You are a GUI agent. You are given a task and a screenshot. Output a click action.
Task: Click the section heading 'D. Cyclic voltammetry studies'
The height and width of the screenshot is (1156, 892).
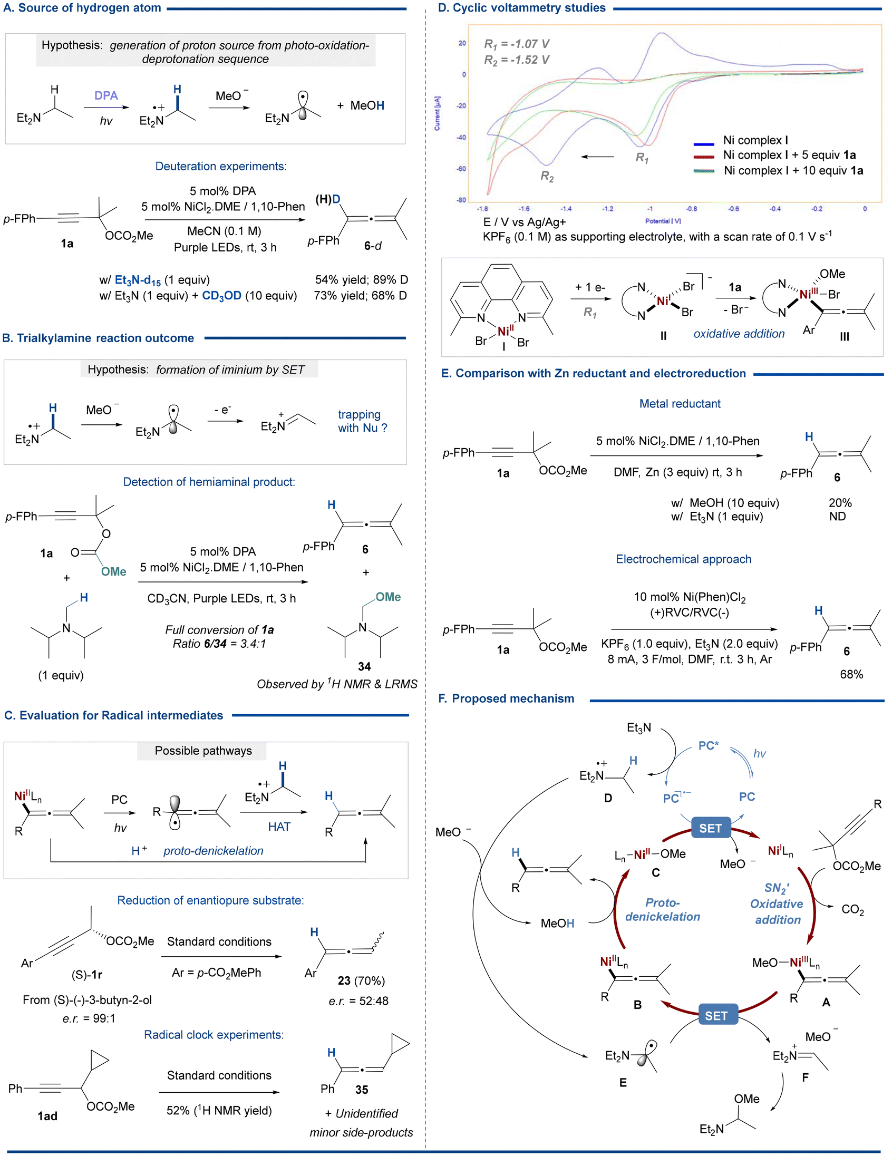coord(522,8)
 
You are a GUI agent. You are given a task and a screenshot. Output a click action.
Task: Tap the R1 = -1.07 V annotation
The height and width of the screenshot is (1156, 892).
coord(517,43)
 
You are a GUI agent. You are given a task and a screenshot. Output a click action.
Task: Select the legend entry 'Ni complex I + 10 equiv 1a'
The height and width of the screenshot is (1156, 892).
coord(793,170)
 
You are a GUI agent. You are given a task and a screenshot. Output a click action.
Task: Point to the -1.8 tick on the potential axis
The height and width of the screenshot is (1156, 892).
coord(482,209)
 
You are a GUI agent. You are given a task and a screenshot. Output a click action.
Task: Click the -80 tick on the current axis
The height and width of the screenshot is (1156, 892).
coord(462,200)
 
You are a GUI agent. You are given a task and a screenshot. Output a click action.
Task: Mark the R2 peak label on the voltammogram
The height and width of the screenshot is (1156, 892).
coord(547,176)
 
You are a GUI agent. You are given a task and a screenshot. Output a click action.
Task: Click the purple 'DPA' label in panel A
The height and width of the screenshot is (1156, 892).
coord(106,95)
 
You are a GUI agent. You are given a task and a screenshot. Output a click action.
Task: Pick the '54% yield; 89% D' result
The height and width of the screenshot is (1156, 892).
coord(361,279)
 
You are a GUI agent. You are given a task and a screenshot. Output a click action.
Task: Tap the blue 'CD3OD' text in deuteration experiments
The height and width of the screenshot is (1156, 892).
coord(222,295)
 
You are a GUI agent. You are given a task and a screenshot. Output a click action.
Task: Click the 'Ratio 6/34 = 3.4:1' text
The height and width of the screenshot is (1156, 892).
coord(219,644)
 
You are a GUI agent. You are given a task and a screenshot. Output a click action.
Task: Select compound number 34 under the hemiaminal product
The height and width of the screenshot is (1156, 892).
coord(364,666)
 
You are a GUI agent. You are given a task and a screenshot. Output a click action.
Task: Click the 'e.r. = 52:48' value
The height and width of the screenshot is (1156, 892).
coord(358,1001)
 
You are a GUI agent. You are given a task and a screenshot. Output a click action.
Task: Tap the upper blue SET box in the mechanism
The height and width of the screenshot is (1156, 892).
coord(710,828)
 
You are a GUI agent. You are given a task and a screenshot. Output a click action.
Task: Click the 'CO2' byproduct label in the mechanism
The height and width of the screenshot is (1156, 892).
coord(852,909)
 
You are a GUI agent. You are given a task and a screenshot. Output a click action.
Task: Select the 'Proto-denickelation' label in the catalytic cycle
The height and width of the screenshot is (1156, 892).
coord(662,909)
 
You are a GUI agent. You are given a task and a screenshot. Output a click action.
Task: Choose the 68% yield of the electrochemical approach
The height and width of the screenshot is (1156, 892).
coord(851,674)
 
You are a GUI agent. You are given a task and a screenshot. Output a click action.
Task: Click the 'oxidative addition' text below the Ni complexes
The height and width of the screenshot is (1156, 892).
coord(739,334)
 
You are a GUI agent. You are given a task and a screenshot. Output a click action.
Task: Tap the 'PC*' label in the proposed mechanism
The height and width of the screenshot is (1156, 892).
coord(709,745)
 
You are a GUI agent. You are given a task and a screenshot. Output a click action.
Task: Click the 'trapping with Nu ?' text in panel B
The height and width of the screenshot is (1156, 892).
coord(363,421)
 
